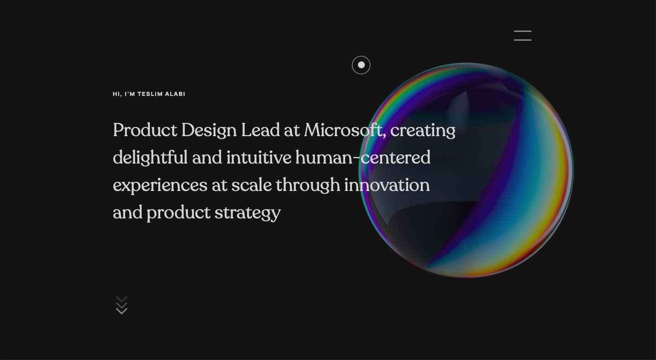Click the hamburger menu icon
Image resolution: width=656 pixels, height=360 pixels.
point(522,36)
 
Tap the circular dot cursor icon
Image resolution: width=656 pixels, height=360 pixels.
point(361,65)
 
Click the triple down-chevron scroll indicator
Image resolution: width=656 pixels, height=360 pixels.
point(121,305)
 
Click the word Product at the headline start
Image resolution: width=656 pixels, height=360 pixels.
point(145,130)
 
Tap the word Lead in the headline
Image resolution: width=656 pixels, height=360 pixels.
point(260,130)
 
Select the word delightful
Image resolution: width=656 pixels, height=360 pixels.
point(150,158)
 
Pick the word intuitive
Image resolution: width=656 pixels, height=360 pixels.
point(259,157)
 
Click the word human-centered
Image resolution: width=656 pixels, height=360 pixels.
point(363,157)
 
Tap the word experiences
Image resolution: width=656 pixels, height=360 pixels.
point(160,185)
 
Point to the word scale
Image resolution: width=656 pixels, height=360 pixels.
point(252,185)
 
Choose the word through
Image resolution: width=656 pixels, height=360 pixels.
point(308,185)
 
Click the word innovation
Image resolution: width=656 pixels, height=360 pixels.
point(387,185)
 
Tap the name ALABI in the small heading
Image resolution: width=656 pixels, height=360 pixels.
point(175,94)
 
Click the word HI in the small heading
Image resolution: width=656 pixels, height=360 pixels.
point(116,94)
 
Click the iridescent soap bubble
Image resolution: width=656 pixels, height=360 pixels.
point(466,170)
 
